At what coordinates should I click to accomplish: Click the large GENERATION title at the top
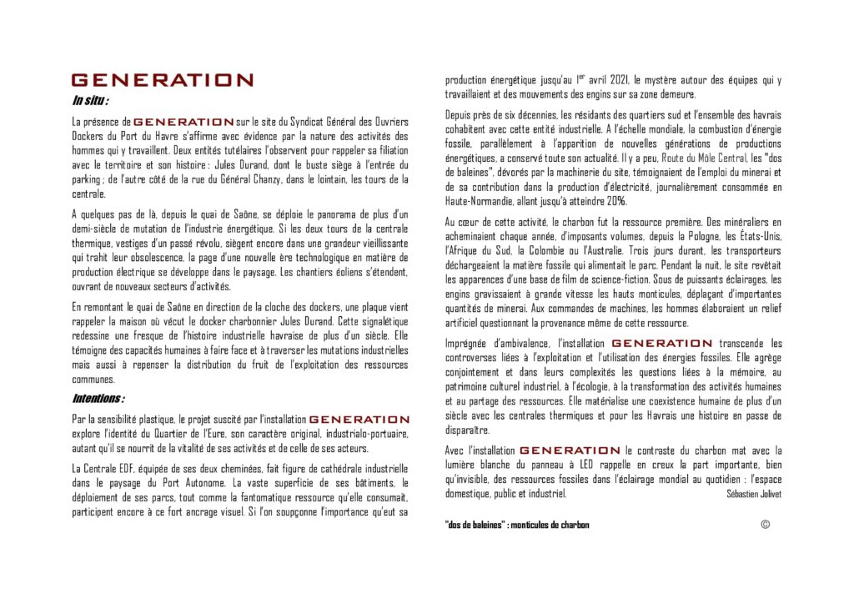(163, 81)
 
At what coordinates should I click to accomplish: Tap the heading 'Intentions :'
(98, 399)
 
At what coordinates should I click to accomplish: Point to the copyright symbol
(765, 524)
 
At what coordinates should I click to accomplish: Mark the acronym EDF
(119, 469)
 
